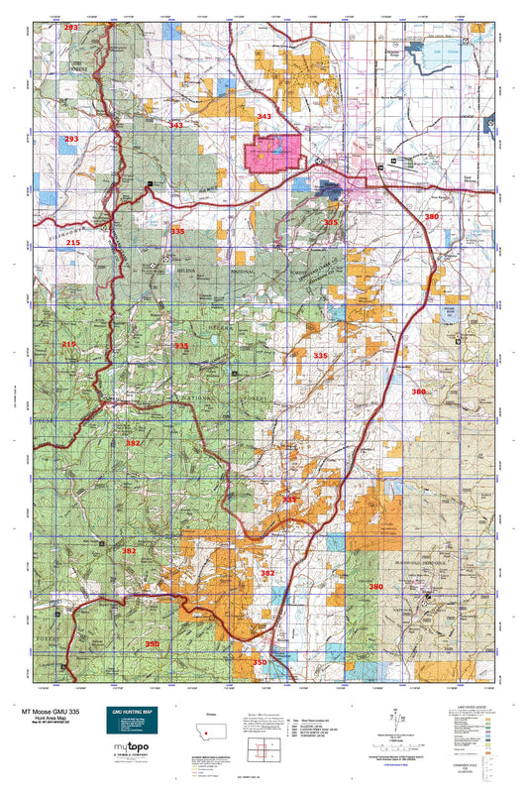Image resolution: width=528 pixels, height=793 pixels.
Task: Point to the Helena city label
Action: (x=331, y=185)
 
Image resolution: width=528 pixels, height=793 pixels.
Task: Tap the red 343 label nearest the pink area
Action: (x=264, y=117)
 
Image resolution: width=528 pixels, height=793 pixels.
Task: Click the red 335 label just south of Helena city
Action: (x=331, y=223)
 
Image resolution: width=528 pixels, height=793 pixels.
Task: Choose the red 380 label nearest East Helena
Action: (x=431, y=216)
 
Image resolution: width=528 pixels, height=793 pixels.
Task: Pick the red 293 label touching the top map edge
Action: (x=71, y=28)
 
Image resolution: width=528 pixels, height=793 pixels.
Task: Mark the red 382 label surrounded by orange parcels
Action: (x=267, y=573)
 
